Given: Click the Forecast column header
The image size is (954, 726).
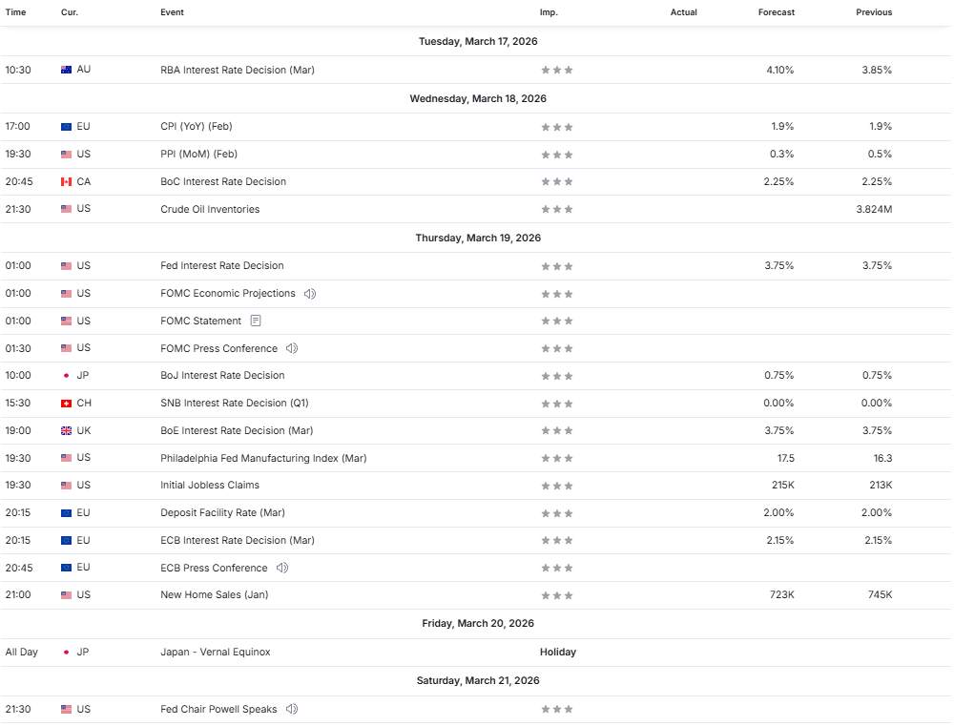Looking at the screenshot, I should pos(776,12).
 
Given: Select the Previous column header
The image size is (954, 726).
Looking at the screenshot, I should pos(874,12).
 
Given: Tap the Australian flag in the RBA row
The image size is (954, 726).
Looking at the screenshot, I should pos(66,70).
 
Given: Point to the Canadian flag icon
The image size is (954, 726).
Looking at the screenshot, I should pos(66,181).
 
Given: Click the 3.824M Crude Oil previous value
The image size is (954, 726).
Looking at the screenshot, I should pos(874,209).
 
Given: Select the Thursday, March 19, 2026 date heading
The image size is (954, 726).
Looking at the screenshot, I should pos(478,238).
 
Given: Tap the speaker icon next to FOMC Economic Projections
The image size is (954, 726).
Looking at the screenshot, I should pos(309,293).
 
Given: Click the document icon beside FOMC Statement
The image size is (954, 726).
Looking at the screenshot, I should pos(255,321).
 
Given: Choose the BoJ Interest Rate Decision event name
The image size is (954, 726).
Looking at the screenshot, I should pos(222,375).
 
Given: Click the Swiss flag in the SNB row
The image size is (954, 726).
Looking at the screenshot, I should pos(66,403).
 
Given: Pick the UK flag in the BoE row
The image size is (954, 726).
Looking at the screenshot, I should pos(66,430).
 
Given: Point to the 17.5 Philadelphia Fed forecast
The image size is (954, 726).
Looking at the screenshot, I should pos(786,458).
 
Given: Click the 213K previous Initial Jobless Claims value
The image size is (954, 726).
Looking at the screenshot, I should pos(880,485).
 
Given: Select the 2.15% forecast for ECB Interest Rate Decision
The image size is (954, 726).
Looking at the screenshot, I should pos(778,540).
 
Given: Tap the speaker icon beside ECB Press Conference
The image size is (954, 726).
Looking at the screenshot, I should pos(281,568).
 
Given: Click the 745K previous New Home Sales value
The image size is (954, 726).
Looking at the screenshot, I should pos(880,594).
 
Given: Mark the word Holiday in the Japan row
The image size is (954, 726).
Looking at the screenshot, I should pos(557,653).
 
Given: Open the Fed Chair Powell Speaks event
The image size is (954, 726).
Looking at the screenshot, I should pos(218,709).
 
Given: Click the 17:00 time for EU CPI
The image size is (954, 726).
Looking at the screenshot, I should pos(17,126).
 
